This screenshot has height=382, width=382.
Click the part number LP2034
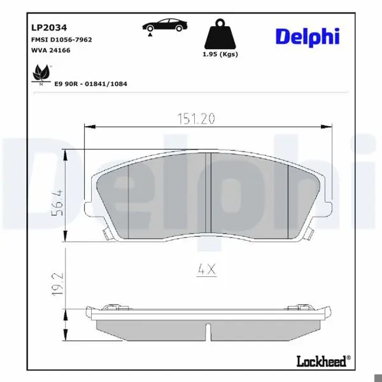pos(49,27)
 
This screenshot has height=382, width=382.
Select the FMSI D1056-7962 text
pos(62,39)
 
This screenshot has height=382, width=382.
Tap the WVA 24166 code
pos(51,50)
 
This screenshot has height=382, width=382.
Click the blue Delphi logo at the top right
pos(308,38)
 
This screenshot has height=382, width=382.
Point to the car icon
pos(165,25)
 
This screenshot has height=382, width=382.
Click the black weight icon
pos(220,34)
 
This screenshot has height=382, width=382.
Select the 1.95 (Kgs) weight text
pos(220,54)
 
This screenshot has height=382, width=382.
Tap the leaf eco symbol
pos(41,74)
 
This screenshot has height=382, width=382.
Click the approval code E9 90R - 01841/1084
pos(90,84)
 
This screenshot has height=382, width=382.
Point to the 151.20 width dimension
pos(196,119)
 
